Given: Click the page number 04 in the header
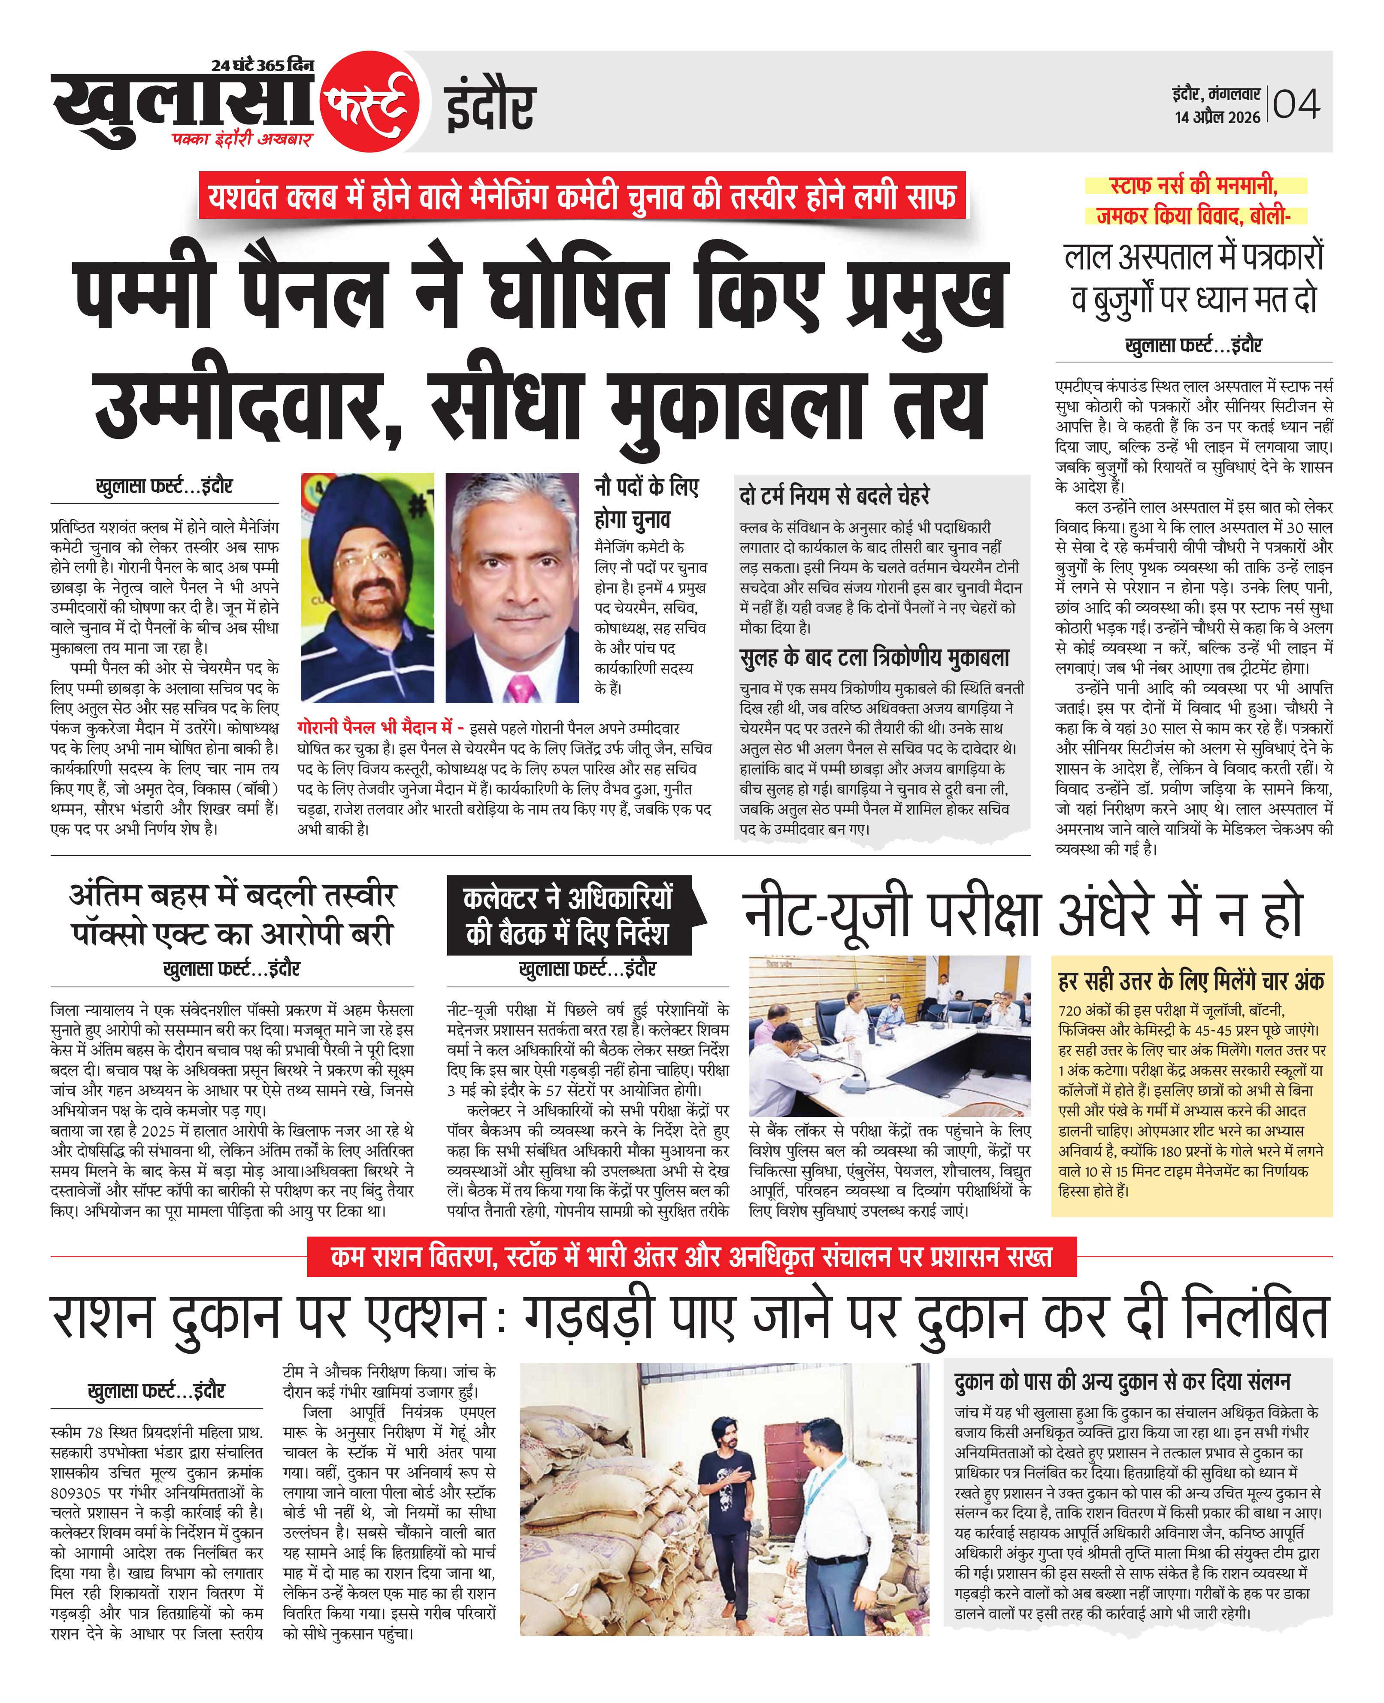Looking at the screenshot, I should pos(1296,104).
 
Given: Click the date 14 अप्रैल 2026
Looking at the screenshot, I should pos(1217,117).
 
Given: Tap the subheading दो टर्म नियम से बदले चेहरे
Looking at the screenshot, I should pos(834,496).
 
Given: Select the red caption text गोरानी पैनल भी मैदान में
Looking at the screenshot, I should pos(373,728).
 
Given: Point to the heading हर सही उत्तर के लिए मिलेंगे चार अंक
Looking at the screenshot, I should pos(1191,981).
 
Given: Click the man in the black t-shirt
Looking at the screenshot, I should pos(727,1494).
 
